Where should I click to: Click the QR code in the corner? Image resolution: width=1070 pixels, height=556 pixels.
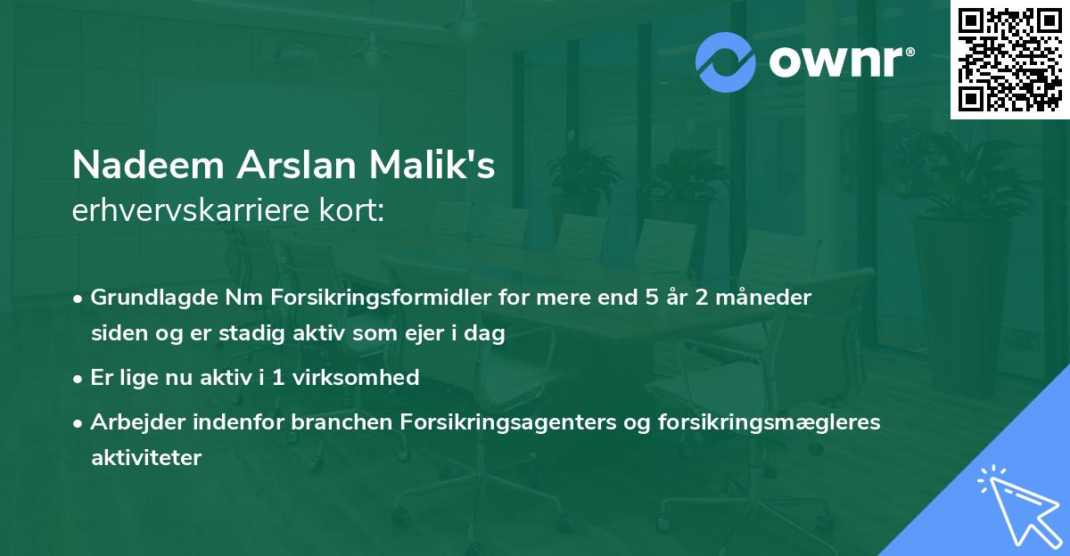[1009, 59]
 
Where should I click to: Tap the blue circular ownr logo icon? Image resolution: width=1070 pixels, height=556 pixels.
[726, 62]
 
